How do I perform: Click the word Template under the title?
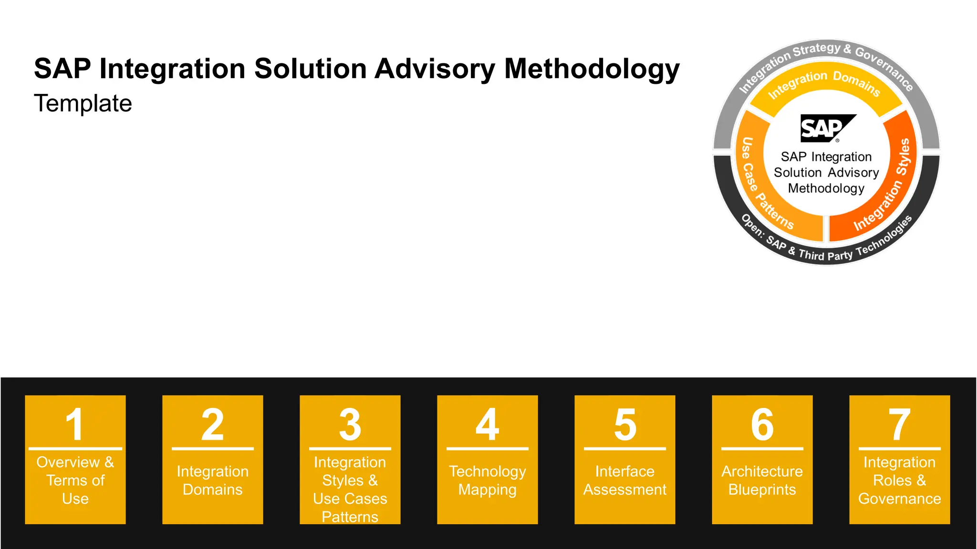click(83, 103)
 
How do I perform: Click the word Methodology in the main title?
click(592, 69)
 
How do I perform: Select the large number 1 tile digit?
click(75, 424)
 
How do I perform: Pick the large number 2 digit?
click(213, 424)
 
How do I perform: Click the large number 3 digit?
click(350, 424)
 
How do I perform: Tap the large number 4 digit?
click(488, 424)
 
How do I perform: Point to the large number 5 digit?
click(625, 424)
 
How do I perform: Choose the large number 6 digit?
click(762, 424)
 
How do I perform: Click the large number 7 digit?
click(900, 424)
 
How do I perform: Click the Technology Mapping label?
click(488, 480)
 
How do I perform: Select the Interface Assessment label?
click(625, 480)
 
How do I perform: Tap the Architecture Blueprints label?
click(762, 480)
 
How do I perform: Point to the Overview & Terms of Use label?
click(75, 480)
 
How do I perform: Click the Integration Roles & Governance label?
click(900, 480)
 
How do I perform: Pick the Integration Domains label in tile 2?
click(213, 480)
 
